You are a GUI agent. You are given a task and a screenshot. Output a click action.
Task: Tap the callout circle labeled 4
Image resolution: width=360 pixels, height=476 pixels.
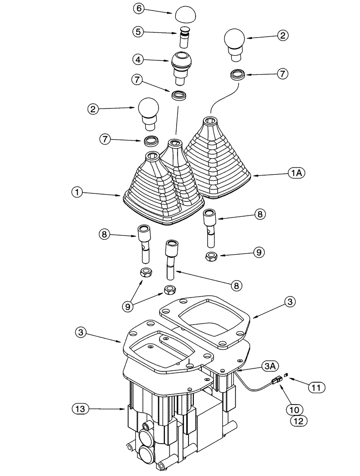click(139, 59)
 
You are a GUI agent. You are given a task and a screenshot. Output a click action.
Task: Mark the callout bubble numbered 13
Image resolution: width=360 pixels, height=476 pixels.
click(81, 408)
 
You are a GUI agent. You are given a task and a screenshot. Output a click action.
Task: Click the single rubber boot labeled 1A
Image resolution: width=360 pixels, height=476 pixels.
click(218, 162)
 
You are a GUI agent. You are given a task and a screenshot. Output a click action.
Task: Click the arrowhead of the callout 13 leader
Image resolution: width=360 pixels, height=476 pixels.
click(125, 408)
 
